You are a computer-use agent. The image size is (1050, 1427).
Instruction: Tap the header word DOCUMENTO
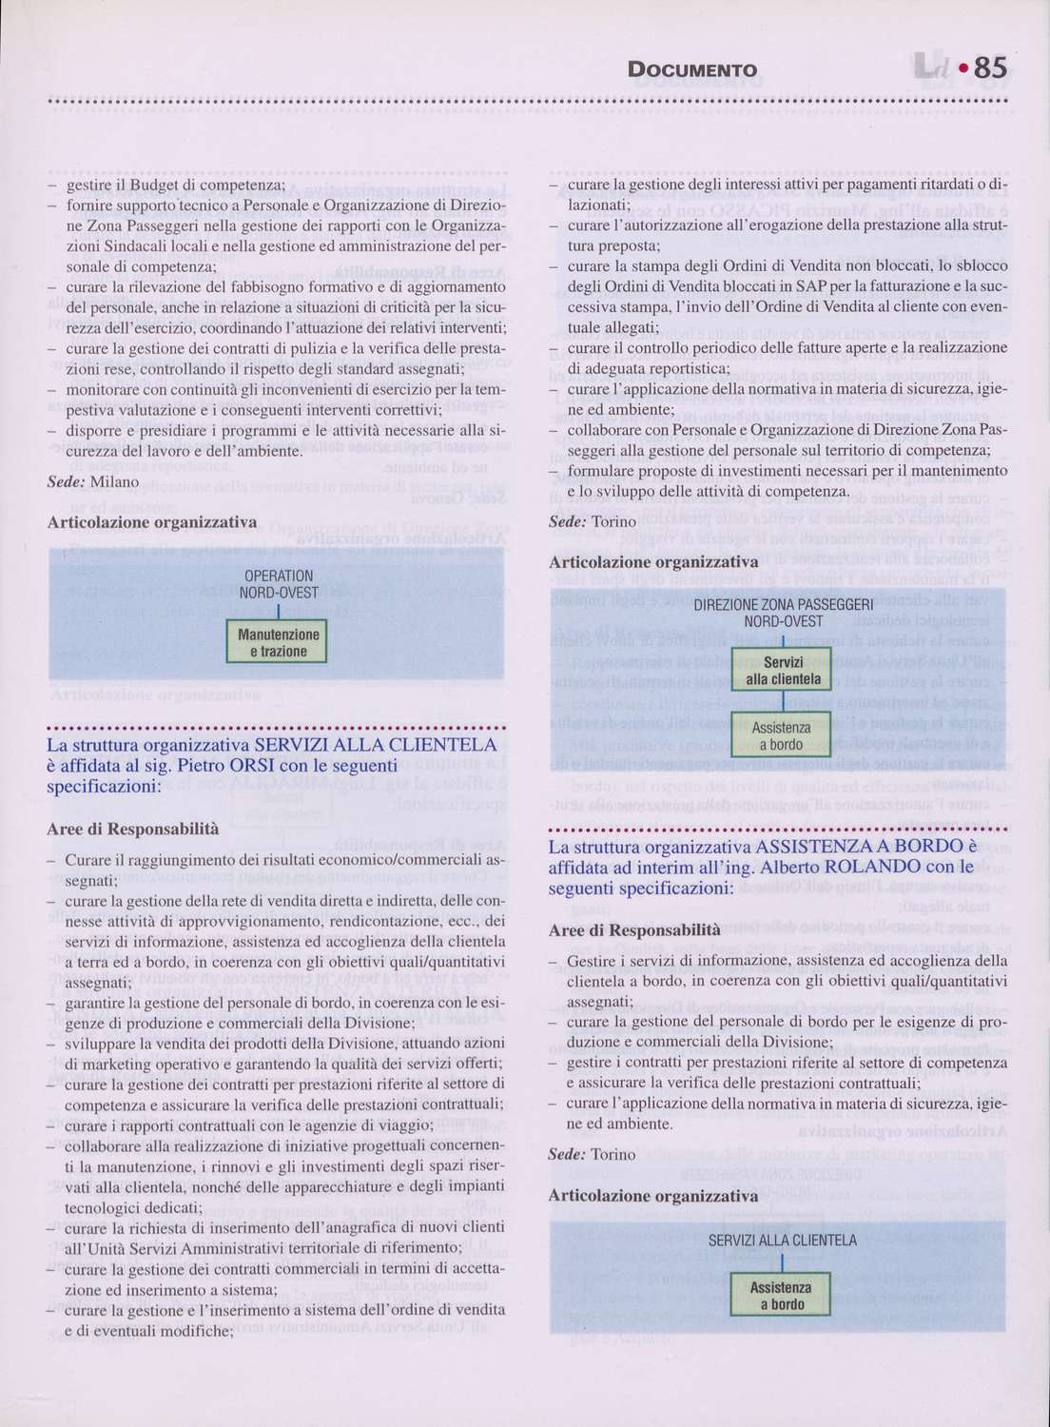[692, 70]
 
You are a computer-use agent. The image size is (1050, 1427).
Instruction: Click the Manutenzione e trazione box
[277, 642]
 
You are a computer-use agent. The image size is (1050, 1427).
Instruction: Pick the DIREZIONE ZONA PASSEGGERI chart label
[783, 612]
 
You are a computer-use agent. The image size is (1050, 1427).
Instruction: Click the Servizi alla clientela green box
[783, 671]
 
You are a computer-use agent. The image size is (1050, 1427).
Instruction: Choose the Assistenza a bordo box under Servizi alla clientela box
[781, 736]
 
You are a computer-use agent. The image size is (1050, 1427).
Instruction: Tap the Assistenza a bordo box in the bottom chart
[780, 1296]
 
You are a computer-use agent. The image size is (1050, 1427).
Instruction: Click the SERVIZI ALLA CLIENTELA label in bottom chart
[782, 1240]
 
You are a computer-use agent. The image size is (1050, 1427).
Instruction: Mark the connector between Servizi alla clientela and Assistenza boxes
[782, 701]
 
